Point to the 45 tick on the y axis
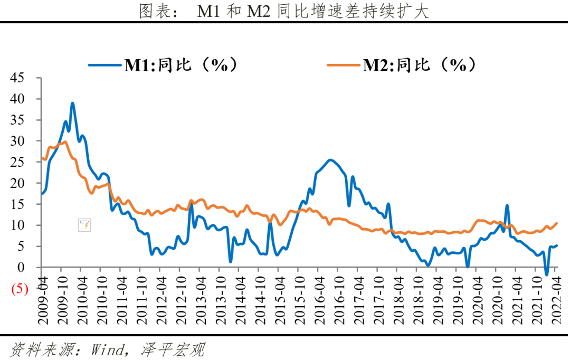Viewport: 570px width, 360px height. click(17, 78)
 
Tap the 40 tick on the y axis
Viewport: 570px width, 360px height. click(17, 99)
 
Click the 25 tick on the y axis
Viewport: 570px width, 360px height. click(17, 162)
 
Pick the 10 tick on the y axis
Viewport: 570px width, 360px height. click(17, 225)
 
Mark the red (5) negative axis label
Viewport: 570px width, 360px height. click(17, 289)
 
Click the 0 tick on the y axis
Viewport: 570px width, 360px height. click(21, 268)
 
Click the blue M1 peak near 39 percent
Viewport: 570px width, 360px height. click(72, 103)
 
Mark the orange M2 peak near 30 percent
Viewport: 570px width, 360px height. click(64, 142)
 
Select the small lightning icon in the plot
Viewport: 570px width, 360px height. click(84, 225)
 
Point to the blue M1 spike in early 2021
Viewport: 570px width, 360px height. click(507, 206)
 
